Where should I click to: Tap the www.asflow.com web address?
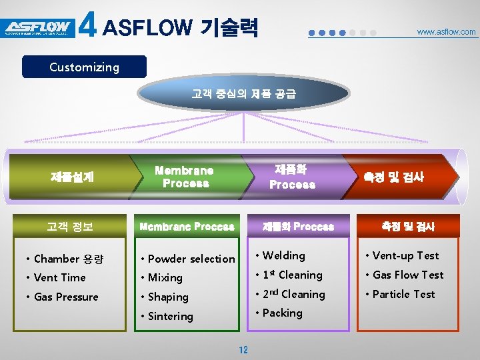pyautogui.click(x=446, y=31)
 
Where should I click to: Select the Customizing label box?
pyautogui.click(x=84, y=67)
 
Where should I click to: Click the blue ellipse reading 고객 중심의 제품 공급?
pyautogui.click(x=243, y=95)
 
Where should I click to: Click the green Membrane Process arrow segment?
pyautogui.click(x=185, y=177)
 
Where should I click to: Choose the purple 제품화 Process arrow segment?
pyautogui.click(x=292, y=177)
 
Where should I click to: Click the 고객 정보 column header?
pyautogui.click(x=69, y=227)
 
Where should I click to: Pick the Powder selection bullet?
pyautogui.click(x=191, y=259)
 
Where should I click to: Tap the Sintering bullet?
pyautogui.click(x=170, y=316)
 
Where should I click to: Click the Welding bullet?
pyautogui.click(x=283, y=255)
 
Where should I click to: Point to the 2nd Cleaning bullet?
pyautogui.click(x=293, y=294)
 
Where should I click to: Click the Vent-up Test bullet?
pyautogui.click(x=405, y=255)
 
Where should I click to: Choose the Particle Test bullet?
pyautogui.click(x=403, y=294)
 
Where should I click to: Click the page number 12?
pyautogui.click(x=243, y=350)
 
